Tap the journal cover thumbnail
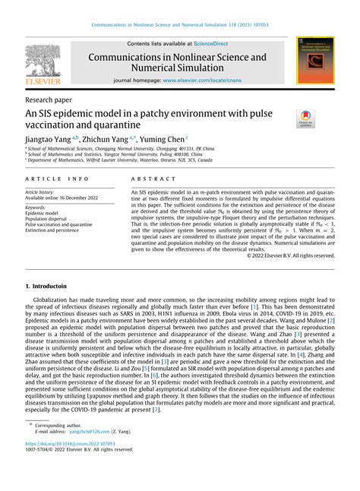tap(314, 60)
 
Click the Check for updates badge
tap(306, 119)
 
